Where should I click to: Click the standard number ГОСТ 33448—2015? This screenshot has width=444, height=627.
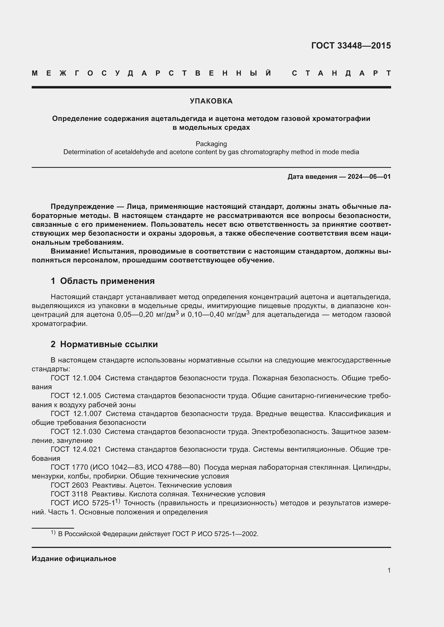click(351, 46)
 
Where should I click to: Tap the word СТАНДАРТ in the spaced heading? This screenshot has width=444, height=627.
click(341, 73)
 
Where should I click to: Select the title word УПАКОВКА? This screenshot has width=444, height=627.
click(211, 101)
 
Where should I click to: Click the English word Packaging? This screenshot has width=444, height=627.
click(211, 144)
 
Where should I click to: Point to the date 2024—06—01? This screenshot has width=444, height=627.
click(369, 177)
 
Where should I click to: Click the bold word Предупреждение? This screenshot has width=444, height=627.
click(82, 207)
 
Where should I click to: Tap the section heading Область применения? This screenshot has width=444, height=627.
click(107, 281)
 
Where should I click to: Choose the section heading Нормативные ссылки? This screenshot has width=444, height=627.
click(109, 344)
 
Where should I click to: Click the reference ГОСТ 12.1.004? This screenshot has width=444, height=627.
click(76, 378)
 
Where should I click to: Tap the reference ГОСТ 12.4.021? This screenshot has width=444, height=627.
click(76, 449)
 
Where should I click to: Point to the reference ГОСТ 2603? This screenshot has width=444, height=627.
click(70, 485)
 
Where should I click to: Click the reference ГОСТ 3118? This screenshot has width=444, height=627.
click(69, 494)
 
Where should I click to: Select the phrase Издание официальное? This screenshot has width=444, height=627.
click(74, 559)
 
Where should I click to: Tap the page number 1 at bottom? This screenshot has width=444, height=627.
click(389, 570)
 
